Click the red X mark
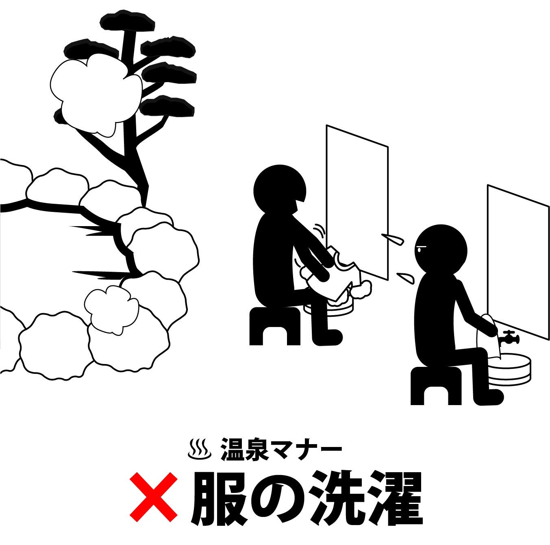tap(154, 497)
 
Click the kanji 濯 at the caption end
tap(395, 499)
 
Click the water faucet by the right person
tap(509, 338)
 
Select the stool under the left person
tap(274, 326)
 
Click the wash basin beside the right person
tap(510, 370)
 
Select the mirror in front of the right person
tap(518, 263)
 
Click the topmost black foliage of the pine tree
tap(127, 21)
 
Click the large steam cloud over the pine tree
tap(96, 94)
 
